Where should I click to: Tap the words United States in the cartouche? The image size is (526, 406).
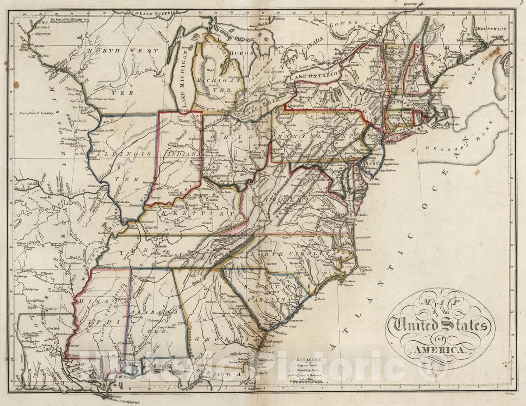(441, 325)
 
